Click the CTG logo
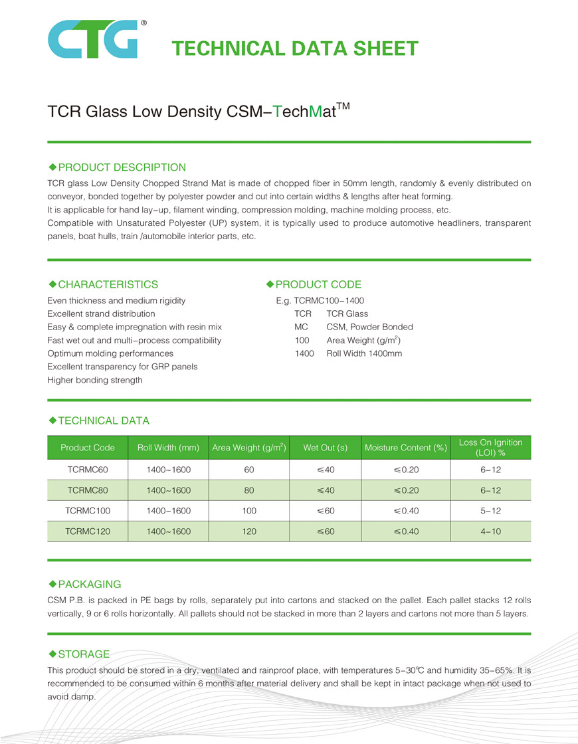pyautogui.click(x=92, y=39)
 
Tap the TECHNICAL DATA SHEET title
pyautogui.click(x=294, y=48)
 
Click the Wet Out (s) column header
pyautogui.click(x=326, y=448)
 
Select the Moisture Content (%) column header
pyautogui.click(x=405, y=448)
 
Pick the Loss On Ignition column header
pyautogui.click(x=490, y=447)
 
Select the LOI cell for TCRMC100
pyautogui.click(x=490, y=511)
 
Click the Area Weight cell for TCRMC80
pyautogui.click(x=249, y=490)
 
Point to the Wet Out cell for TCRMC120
pyautogui.click(x=326, y=531)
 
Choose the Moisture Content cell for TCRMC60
pyautogui.click(x=405, y=470)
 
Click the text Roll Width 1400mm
pyautogui.click(x=364, y=353)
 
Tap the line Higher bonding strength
pyautogui.click(x=95, y=380)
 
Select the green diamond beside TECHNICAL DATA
pyautogui.click(x=53, y=420)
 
